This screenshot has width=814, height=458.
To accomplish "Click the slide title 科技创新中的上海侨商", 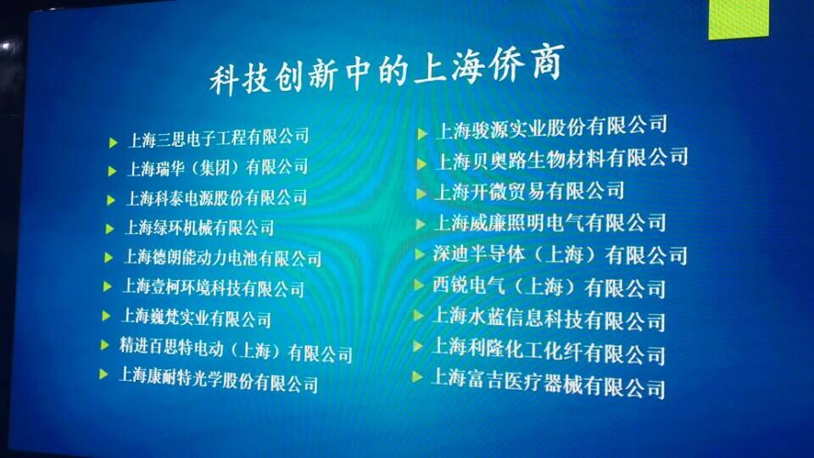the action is point(387,70).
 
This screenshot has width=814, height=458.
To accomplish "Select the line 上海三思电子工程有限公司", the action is point(219,138).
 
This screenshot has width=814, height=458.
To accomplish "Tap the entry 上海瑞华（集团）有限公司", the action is point(218,168).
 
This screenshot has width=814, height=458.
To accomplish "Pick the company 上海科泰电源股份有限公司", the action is point(216,198).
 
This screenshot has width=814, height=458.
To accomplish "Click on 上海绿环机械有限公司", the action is point(200,227).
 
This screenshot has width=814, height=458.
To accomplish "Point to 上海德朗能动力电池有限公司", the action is point(223,258).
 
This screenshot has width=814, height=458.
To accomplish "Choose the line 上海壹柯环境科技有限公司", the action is point(214,288).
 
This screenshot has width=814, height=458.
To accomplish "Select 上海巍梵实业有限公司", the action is point(196,317).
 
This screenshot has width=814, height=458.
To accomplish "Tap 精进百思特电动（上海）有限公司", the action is point(237,350).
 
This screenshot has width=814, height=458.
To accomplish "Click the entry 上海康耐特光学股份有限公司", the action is point(219,380).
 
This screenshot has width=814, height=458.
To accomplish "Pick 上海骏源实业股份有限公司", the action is point(551,128).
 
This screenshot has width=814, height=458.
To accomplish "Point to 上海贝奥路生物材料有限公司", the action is point(562,159).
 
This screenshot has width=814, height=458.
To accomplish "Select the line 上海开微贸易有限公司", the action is point(529,191).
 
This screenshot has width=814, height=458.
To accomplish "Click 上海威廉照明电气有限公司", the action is point(550,223).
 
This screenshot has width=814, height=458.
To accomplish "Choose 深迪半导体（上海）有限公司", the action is point(560,255).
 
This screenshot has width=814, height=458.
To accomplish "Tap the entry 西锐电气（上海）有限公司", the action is point(549,288).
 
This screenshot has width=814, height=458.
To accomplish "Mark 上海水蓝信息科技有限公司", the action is point(549,319).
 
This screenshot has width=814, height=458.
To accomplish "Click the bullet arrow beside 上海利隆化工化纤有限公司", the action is point(418,346).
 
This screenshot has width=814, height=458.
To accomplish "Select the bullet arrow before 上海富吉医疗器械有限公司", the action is point(417,377).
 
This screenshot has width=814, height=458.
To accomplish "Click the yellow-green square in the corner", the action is point(739,19).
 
